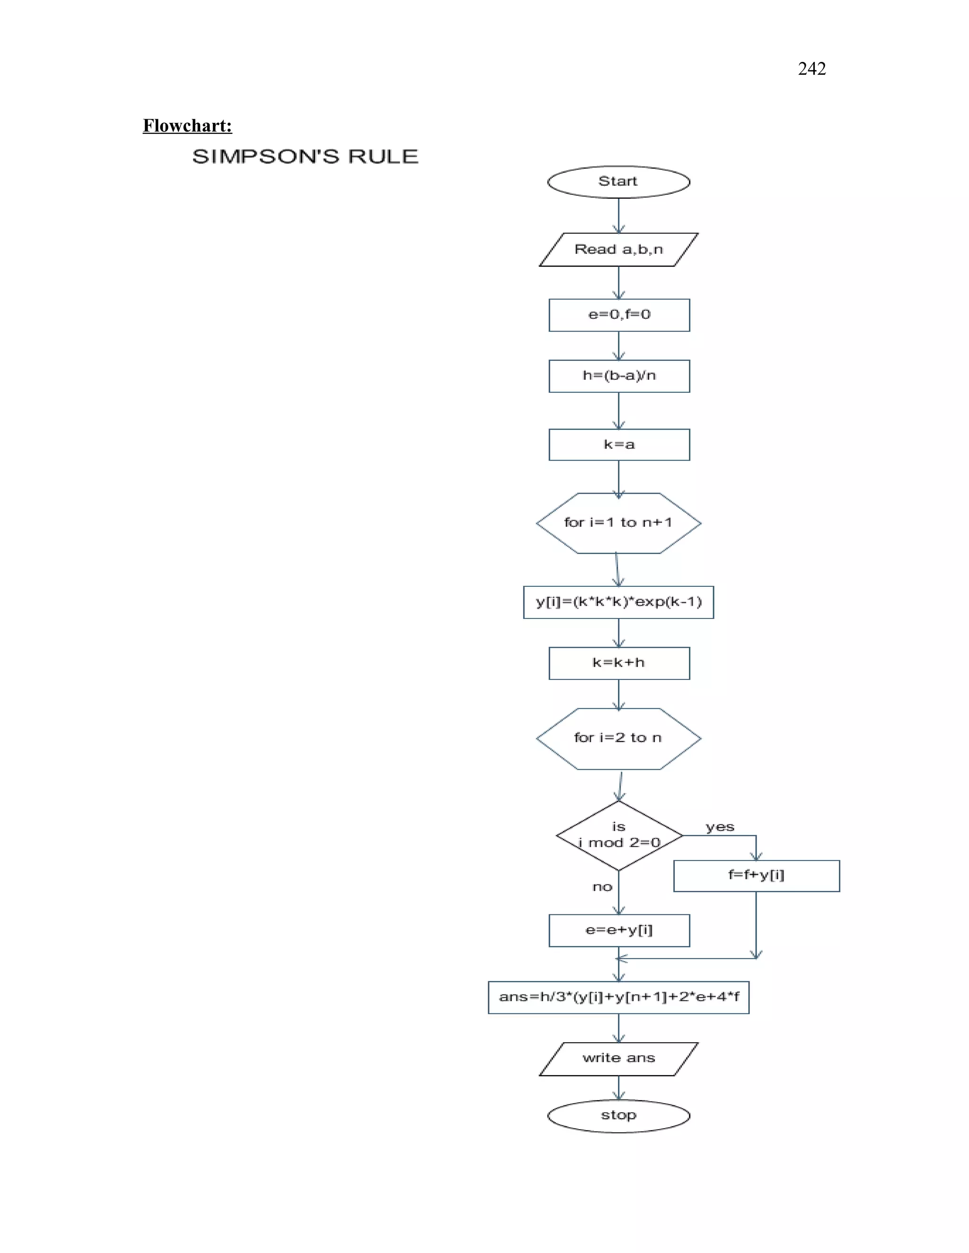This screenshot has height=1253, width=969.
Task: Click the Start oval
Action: (618, 182)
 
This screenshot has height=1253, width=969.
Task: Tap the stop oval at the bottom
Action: (618, 1115)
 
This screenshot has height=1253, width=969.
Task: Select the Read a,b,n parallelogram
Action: (618, 250)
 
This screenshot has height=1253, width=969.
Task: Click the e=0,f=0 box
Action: (619, 315)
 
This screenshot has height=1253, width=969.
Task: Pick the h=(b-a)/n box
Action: (619, 376)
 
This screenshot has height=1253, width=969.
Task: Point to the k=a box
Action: (619, 444)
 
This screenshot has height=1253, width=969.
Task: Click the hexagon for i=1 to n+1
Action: (618, 522)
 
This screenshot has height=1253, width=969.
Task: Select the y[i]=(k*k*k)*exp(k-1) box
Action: (618, 602)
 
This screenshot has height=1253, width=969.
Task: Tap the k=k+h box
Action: (619, 663)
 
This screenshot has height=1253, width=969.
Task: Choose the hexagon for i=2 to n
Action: (618, 739)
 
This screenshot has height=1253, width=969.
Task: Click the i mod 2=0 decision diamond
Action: (619, 835)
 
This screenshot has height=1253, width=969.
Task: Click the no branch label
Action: (602, 887)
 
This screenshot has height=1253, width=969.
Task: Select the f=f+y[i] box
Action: (756, 876)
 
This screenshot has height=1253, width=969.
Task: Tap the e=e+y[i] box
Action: (619, 930)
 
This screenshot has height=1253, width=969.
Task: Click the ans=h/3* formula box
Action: (618, 997)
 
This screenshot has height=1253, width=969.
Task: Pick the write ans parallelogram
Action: (618, 1059)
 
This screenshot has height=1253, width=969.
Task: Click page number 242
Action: (811, 69)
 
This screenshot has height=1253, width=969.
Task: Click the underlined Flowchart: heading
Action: (187, 126)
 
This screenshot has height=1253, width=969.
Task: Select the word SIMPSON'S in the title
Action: (265, 157)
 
